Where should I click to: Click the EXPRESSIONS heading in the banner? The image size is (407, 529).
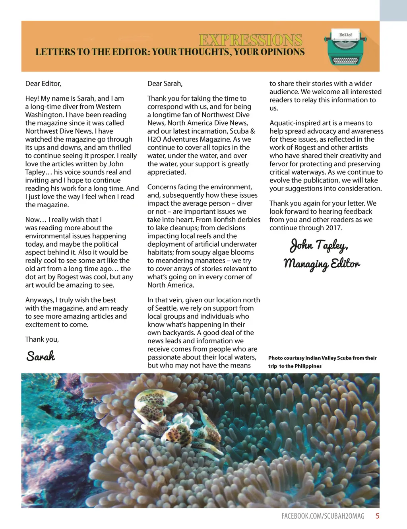click(x=250, y=40)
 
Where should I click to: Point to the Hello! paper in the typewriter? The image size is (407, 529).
click(x=345, y=35)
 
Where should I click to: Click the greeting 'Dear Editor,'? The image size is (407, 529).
click(x=43, y=84)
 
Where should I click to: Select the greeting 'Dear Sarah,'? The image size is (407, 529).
click(x=165, y=84)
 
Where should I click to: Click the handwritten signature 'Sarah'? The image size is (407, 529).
click(x=41, y=356)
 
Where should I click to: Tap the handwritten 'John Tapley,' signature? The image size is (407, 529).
click(x=319, y=245)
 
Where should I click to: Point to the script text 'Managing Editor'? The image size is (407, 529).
click(x=322, y=264)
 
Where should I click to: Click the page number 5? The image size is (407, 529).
click(x=377, y=516)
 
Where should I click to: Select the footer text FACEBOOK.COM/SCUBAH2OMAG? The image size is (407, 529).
click(x=323, y=516)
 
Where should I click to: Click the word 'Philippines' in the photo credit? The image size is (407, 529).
click(x=308, y=366)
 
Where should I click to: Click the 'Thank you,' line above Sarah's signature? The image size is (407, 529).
click(x=42, y=339)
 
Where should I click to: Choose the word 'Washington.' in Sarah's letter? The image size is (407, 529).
click(x=43, y=115)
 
